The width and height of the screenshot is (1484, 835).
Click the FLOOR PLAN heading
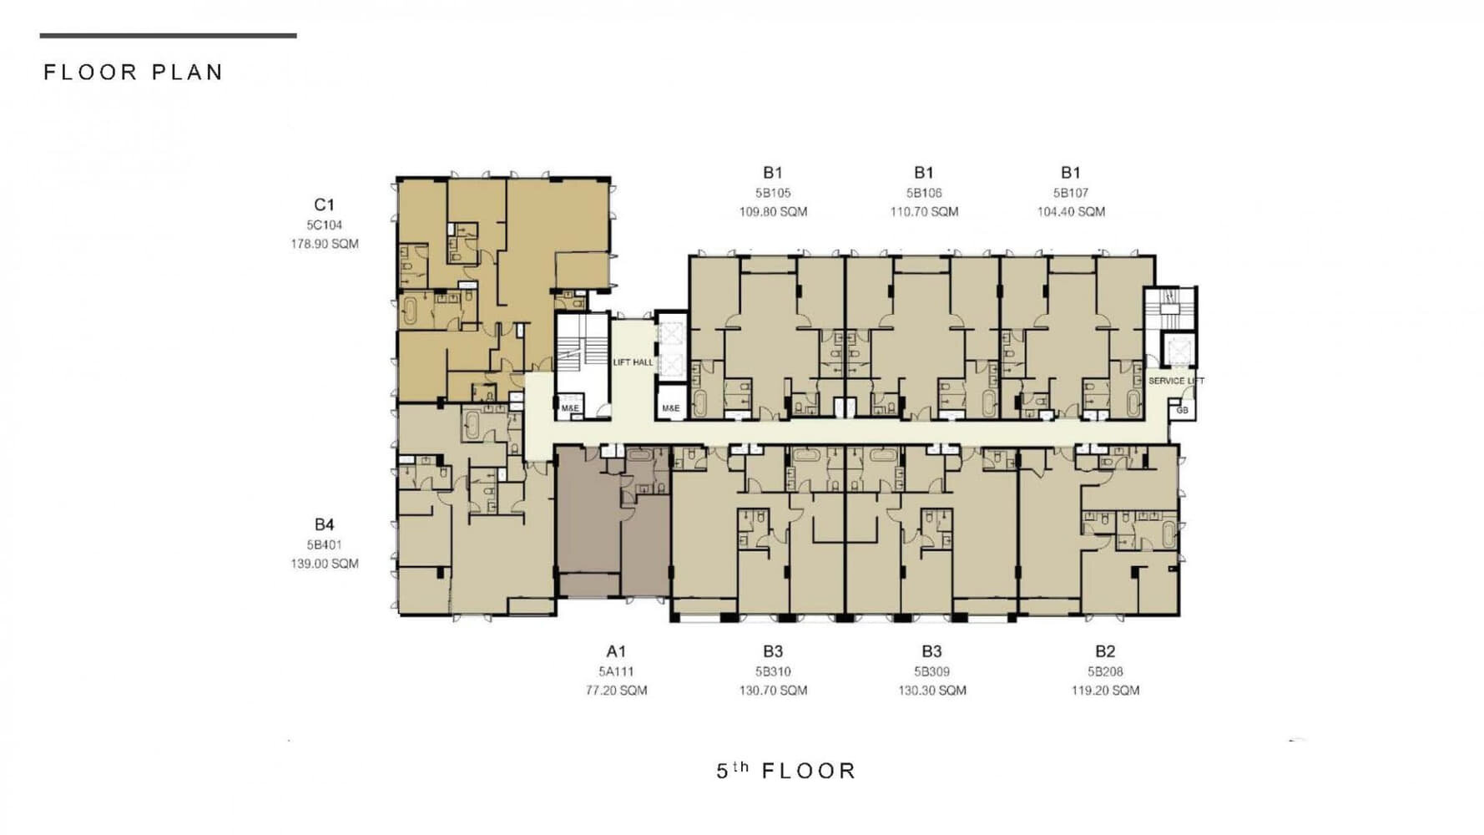tap(134, 73)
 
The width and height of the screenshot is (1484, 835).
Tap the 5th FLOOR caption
tap(786, 771)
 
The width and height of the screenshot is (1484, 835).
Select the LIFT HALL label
tap(633, 362)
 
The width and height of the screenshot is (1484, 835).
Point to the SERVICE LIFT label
tap(1176, 381)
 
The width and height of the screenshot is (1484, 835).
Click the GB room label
tap(1182, 410)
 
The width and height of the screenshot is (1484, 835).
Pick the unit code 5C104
tap(324, 225)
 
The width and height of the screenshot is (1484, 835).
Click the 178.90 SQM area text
tap(325, 244)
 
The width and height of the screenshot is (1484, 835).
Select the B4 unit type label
tap(324, 524)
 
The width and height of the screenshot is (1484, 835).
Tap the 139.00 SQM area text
tap(325, 564)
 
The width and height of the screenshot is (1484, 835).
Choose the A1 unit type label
tap(616, 651)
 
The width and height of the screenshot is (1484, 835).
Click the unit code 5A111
tap(616, 671)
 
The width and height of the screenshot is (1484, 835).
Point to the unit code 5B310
tap(773, 671)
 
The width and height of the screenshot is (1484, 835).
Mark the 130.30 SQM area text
tap(932, 691)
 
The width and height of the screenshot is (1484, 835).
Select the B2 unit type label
tap(1105, 651)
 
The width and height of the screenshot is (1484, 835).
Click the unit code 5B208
tap(1105, 671)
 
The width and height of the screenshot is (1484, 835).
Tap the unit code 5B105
tap(773, 193)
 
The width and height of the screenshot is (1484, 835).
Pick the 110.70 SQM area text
tap(924, 212)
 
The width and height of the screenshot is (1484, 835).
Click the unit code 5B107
tap(1071, 193)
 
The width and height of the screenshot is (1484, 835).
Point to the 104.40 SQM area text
tap(1071, 212)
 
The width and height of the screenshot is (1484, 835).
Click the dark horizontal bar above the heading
tap(168, 36)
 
